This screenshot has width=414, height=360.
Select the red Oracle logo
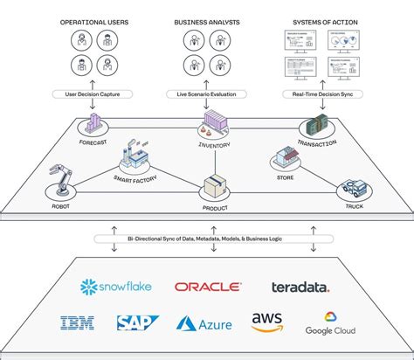tap(207, 287)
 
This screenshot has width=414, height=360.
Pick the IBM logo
tap(78, 323)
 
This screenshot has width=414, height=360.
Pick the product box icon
tap(215, 185)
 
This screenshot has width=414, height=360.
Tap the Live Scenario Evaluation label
tap(206, 93)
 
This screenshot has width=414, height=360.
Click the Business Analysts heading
tap(206, 20)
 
